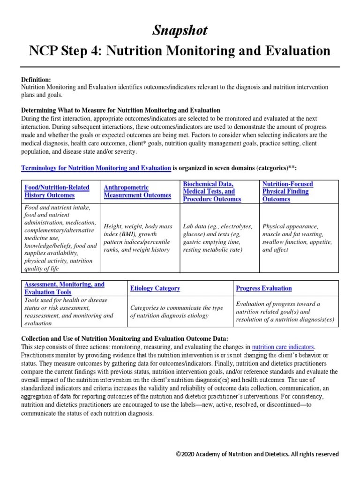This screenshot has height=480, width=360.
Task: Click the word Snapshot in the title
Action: pyautogui.click(x=180, y=31)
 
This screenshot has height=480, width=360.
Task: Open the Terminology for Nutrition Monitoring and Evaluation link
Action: pyautogui.click(x=96, y=168)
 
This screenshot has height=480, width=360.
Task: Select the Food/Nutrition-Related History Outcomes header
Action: pyautogui.click(x=57, y=191)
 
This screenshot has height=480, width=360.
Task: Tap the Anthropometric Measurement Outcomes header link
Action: pyautogui.click(x=137, y=191)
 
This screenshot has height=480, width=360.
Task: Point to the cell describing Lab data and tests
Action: pyautogui.click(x=217, y=238)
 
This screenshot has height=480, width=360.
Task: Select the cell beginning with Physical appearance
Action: pyautogui.click(x=297, y=238)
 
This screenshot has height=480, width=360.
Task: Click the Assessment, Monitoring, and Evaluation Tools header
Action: pyautogui.click(x=64, y=288)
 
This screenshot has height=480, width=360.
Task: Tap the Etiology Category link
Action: pyautogui.click(x=155, y=288)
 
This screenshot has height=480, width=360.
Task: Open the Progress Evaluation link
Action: pyautogui.click(x=263, y=288)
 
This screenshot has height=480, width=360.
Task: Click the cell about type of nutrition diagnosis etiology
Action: pyautogui.click(x=176, y=312)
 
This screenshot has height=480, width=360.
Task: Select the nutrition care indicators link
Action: pyautogui.click(x=283, y=347)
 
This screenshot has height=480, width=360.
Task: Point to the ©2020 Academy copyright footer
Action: pyautogui.click(x=257, y=454)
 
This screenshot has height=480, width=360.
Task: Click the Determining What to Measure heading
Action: pyautogui.click(x=120, y=110)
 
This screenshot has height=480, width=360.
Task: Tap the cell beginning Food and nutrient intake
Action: pyautogui.click(x=60, y=238)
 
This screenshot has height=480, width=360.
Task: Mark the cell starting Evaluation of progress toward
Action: pyautogui.click(x=285, y=312)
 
